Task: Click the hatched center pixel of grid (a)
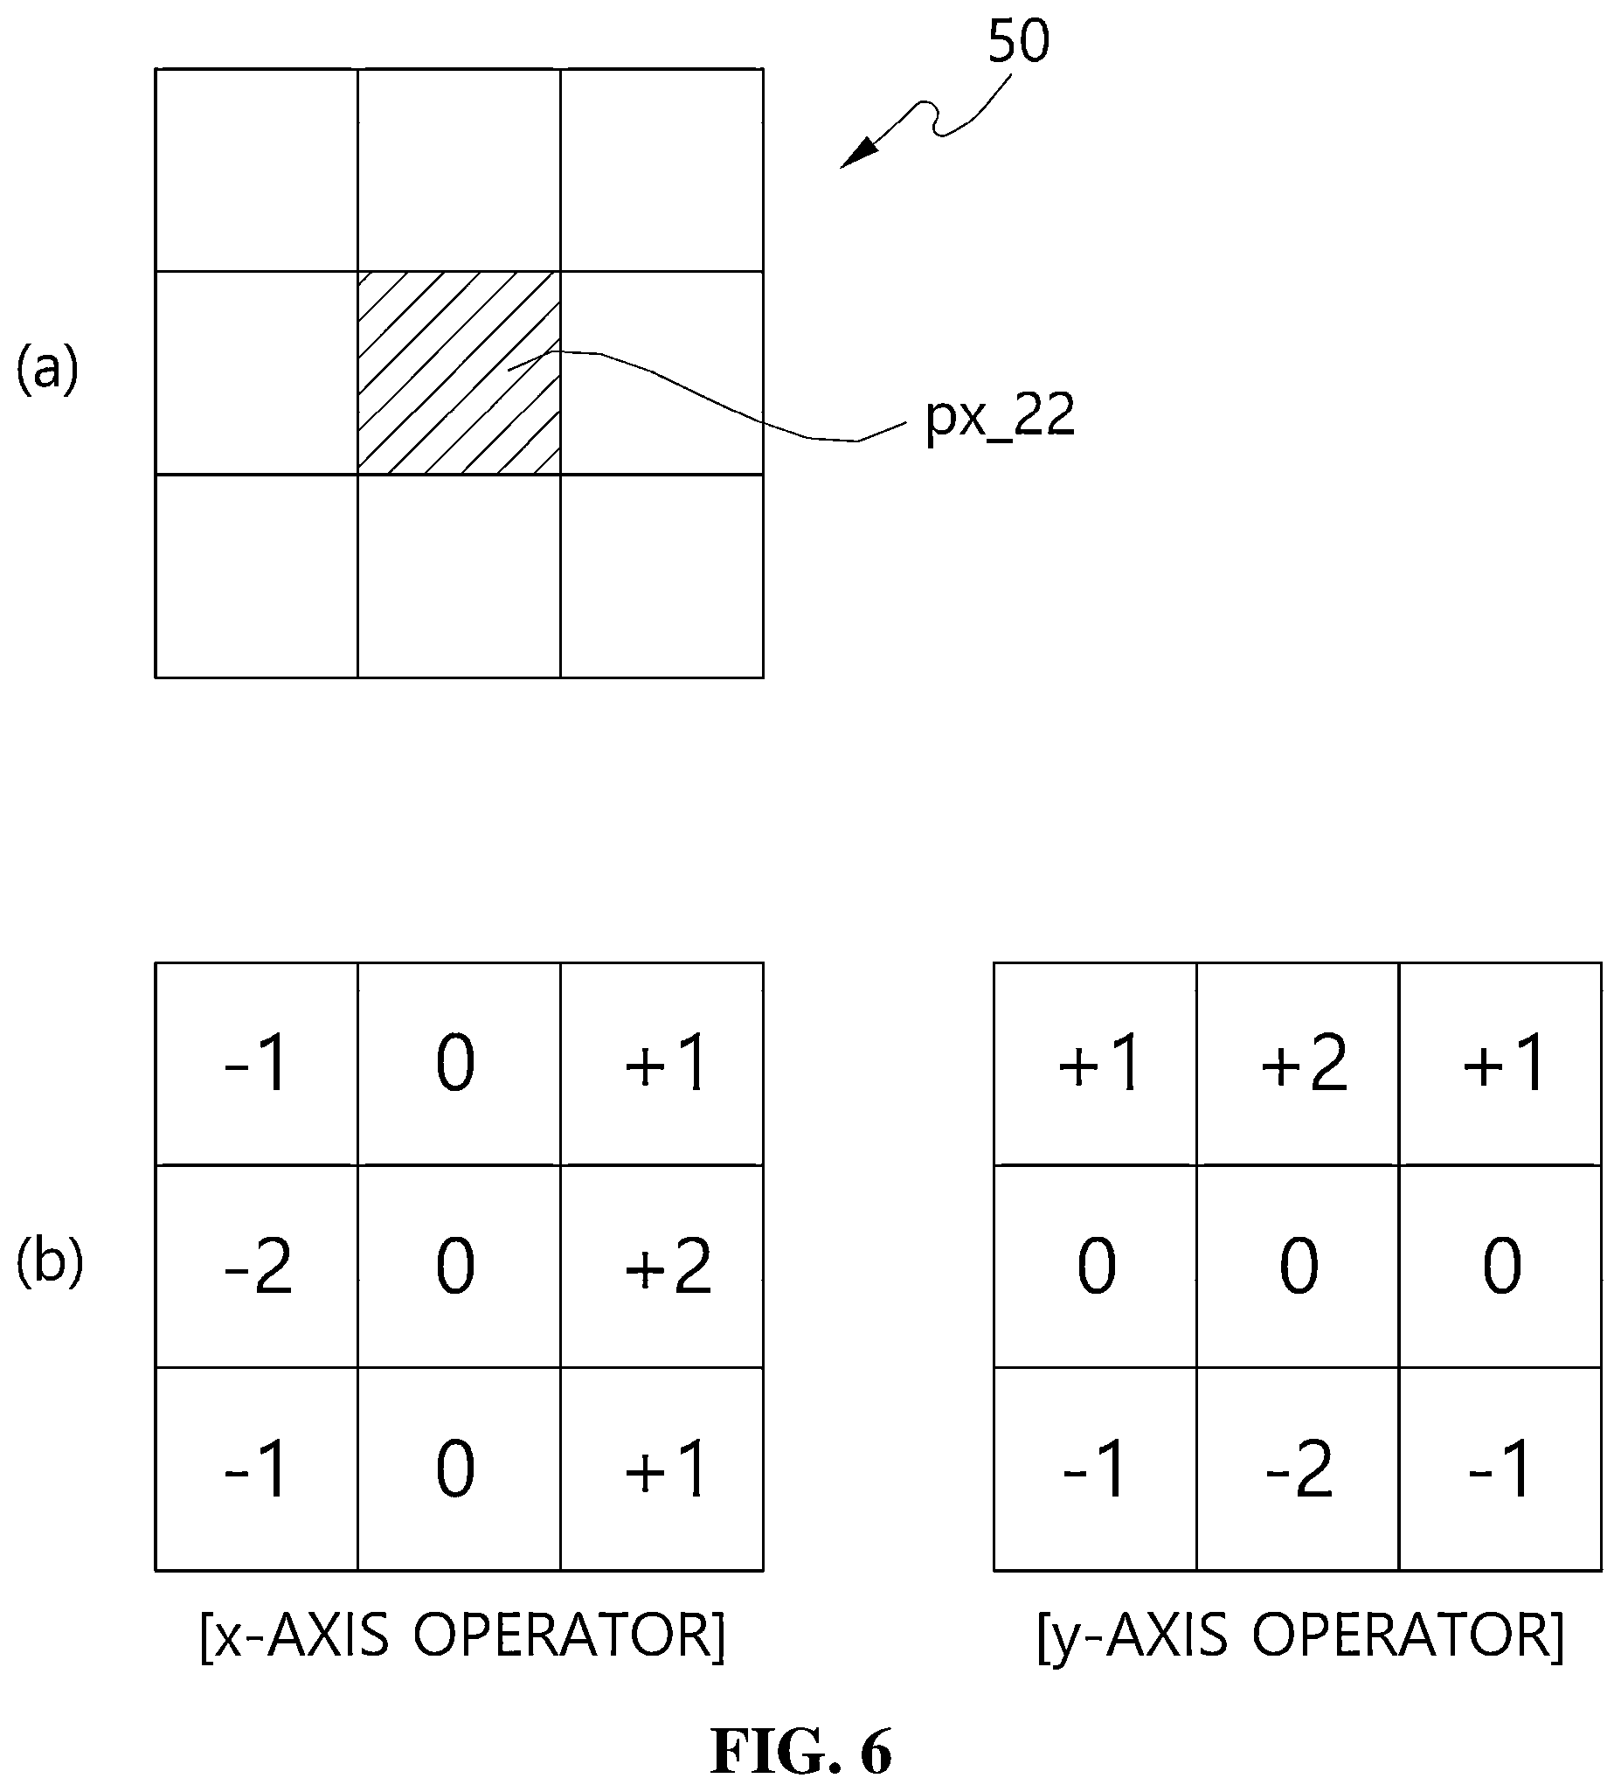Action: coord(459,372)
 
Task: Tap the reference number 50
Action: coord(1018,41)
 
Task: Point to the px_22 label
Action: coord(1000,416)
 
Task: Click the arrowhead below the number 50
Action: coord(859,153)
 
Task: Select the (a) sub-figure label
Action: coord(48,369)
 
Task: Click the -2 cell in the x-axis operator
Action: coord(258,1267)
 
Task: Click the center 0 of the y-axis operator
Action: coord(1298,1267)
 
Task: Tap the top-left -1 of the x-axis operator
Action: coord(258,1064)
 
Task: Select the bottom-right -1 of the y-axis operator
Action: coord(1500,1469)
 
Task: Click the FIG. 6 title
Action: coord(800,1751)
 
